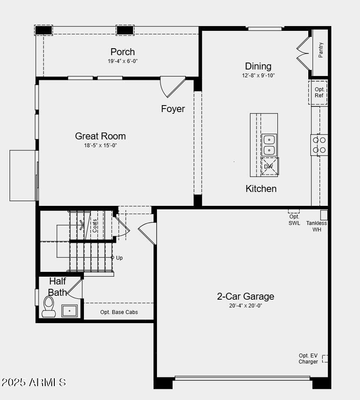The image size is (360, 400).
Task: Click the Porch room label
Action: (x=123, y=52)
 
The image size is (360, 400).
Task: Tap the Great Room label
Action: (x=100, y=136)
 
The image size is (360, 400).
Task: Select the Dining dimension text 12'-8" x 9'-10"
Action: (x=258, y=75)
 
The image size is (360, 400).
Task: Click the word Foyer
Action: (x=173, y=109)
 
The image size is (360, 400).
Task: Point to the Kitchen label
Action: (x=261, y=188)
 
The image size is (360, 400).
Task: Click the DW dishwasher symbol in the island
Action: (x=269, y=166)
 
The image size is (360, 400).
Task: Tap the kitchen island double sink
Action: (x=269, y=145)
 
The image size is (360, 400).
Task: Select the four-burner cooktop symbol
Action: (x=319, y=145)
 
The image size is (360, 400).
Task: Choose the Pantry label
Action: (x=321, y=50)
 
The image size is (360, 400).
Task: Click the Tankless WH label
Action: (x=317, y=226)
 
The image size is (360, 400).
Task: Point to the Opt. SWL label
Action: (x=294, y=220)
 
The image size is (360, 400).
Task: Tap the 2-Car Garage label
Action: (x=246, y=296)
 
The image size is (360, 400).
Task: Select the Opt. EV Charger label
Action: (x=308, y=359)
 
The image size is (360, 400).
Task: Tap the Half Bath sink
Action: (x=70, y=311)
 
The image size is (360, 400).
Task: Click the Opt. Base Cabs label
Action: (x=119, y=312)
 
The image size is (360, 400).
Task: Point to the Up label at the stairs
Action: (x=119, y=258)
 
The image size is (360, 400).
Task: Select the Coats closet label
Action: (x=95, y=225)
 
